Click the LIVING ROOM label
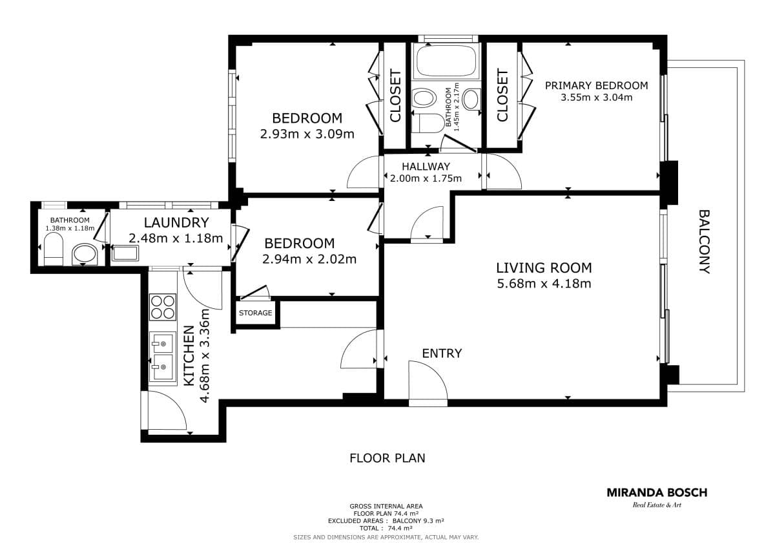click(x=544, y=268)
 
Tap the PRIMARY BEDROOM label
click(x=597, y=85)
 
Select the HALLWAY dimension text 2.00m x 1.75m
click(x=426, y=178)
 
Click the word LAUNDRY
click(x=176, y=222)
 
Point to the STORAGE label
click(x=255, y=313)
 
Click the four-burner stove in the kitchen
click(x=163, y=307)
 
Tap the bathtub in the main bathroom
click(x=446, y=61)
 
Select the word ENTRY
click(x=442, y=353)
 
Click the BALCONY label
click(x=705, y=242)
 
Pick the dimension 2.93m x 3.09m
click(x=307, y=134)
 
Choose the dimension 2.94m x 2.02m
click(x=309, y=259)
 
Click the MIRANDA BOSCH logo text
click(x=657, y=492)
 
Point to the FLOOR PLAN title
click(x=387, y=458)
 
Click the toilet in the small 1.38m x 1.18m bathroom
click(x=54, y=249)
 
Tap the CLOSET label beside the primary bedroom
click(x=502, y=96)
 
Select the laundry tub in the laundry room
click(x=125, y=253)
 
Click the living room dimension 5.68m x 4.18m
click(x=544, y=284)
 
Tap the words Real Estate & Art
click(x=657, y=505)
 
